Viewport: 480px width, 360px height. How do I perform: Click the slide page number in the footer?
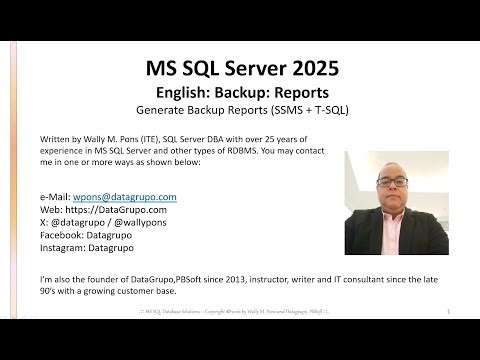point(449,313)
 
